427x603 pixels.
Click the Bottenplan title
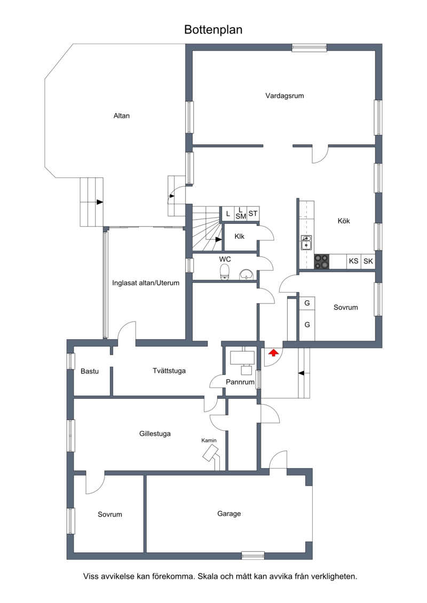pyautogui.click(x=213, y=30)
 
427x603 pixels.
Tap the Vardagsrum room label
pyautogui.click(x=284, y=96)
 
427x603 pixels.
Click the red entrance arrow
pyautogui.click(x=273, y=352)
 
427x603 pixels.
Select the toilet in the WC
pyautogui.click(x=225, y=271)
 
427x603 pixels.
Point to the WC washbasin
pyautogui.click(x=246, y=274)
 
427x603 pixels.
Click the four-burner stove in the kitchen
pyautogui.click(x=321, y=261)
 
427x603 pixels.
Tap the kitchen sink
pyautogui.click(x=306, y=243)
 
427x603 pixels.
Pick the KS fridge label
pyautogui.click(x=353, y=261)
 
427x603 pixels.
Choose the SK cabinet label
pyautogui.click(x=368, y=261)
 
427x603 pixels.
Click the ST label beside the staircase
pyautogui.click(x=253, y=213)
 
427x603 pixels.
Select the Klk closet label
pyautogui.click(x=240, y=237)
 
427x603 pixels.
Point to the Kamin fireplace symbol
pyautogui.click(x=211, y=454)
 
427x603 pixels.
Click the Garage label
pyautogui.click(x=229, y=514)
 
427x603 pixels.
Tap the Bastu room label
pyautogui.click(x=90, y=372)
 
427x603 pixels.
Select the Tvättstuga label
pyautogui.click(x=169, y=371)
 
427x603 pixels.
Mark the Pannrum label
pyautogui.click(x=240, y=382)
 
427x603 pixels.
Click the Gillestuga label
pyautogui.click(x=155, y=434)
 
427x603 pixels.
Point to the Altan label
pyautogui.click(x=121, y=116)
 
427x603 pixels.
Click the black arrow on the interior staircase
pyautogui.click(x=218, y=239)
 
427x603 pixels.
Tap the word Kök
pyautogui.click(x=343, y=221)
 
